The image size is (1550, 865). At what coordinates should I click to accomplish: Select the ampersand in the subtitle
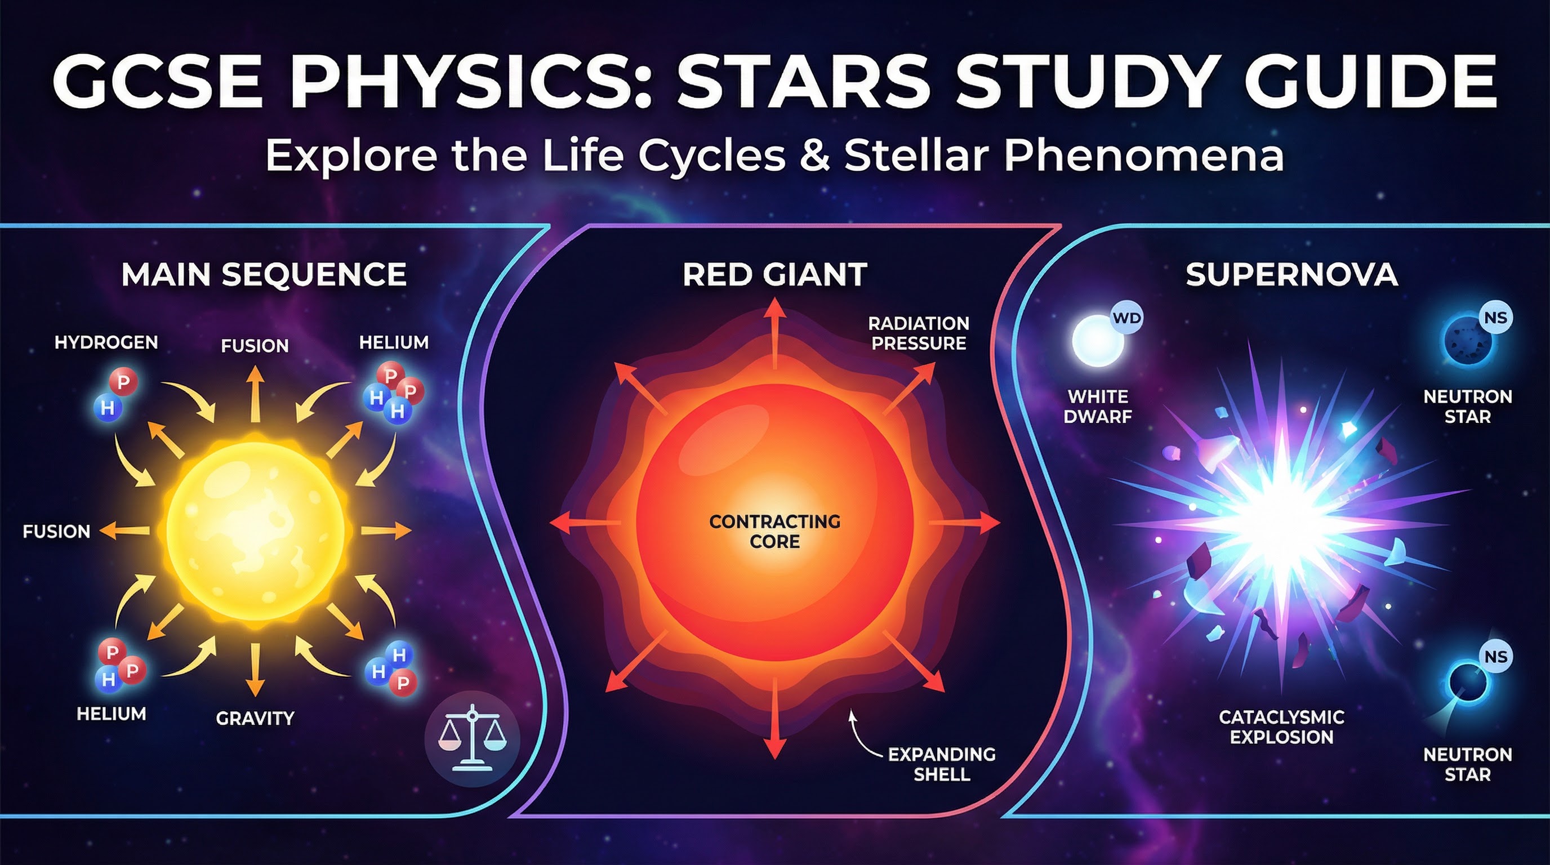[815, 155]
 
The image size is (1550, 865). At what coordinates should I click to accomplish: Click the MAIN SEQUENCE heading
[264, 274]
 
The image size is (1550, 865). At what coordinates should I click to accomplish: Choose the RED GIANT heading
[775, 275]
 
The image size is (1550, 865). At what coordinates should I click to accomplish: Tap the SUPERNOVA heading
[1292, 274]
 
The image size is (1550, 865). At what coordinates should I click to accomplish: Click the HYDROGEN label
[106, 342]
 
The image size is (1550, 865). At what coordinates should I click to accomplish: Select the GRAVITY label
[255, 717]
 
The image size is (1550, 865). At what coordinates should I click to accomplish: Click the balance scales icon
[473, 738]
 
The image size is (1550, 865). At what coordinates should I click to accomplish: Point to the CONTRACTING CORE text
[775, 531]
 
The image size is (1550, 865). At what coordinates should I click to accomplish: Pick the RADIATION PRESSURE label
[919, 333]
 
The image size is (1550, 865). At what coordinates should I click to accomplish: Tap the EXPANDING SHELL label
[942, 764]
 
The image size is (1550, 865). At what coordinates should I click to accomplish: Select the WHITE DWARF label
[1098, 406]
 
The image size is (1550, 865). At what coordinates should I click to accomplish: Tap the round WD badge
[1126, 318]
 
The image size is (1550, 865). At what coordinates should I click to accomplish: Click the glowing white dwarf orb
[1098, 341]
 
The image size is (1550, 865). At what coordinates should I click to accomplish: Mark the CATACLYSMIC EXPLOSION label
[1282, 726]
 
